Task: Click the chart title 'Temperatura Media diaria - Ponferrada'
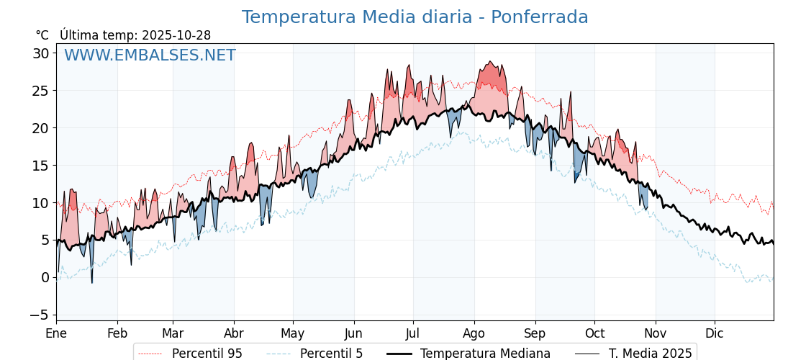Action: coord(415,17)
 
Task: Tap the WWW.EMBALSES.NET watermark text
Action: coord(150,55)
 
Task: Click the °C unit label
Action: coord(42,35)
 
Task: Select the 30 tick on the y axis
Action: coord(40,53)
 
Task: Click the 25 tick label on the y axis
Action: coord(40,91)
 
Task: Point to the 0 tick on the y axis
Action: coord(45,277)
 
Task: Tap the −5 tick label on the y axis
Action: coord(39,315)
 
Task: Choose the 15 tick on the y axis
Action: coord(40,166)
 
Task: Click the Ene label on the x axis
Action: coord(56,333)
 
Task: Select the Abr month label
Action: coord(234,333)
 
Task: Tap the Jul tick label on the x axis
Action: coord(413,333)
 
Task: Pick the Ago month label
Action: coord(474,333)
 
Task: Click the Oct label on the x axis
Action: coord(594,333)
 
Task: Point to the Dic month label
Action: coord(715,333)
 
